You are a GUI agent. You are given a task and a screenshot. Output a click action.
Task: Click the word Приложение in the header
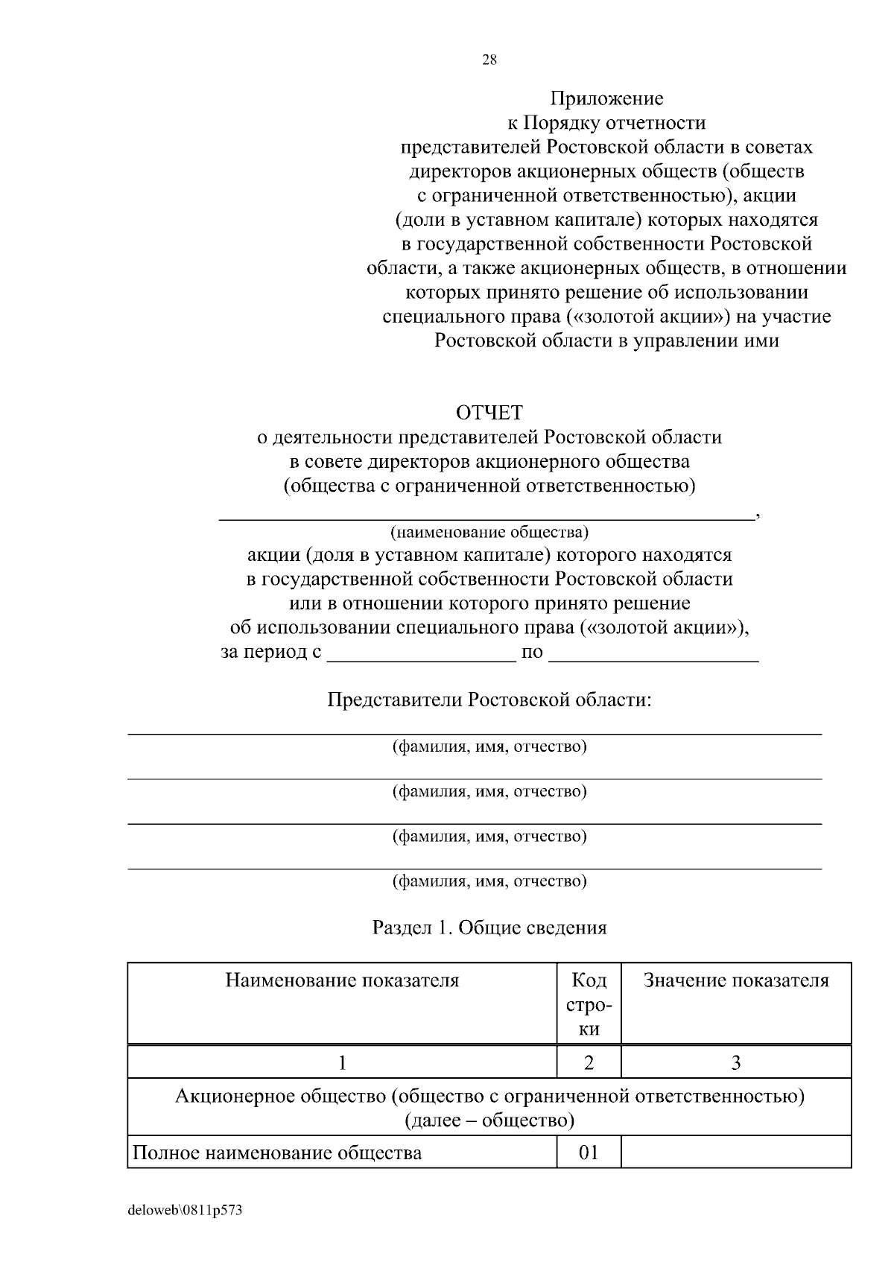pos(606,98)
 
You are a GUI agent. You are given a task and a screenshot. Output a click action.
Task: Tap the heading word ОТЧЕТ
pos(489,412)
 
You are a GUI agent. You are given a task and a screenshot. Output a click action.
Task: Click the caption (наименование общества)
pos(489,533)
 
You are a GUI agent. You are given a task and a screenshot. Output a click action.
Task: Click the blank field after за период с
pos(422,653)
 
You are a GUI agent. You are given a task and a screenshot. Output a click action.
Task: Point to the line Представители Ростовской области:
pos(489,700)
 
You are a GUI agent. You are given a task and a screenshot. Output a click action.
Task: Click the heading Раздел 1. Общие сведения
pos(489,928)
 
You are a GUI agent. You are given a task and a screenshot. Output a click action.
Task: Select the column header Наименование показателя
pos(342,980)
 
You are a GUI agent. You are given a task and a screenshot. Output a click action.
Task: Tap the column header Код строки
pos(589,1005)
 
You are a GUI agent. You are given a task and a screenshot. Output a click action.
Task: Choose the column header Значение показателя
pos(735,980)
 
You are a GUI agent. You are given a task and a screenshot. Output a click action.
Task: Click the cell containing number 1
pos(342,1062)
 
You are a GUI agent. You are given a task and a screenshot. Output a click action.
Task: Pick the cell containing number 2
pos(589,1062)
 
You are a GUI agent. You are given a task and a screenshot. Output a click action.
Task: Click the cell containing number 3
pos(735,1062)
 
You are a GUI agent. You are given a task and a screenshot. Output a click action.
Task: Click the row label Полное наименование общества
pos(277,1153)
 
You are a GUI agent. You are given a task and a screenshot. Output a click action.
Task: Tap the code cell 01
pos(589,1153)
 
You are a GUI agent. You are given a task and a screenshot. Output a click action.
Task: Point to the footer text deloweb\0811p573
pos(185,1211)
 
